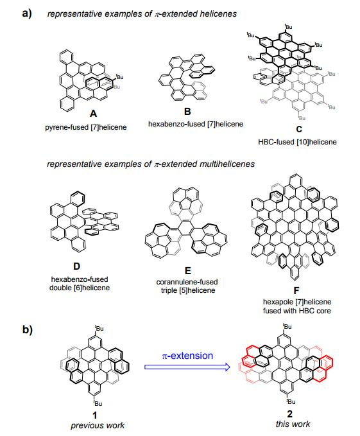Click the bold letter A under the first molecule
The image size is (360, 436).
(93, 114)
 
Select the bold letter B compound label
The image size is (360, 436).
(187, 112)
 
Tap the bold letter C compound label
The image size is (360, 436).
(299, 129)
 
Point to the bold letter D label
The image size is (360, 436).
(76, 266)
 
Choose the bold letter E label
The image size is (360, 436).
(188, 270)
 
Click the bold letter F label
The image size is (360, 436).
(296, 291)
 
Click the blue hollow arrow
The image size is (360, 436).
(187, 367)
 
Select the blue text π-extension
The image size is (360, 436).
(187, 356)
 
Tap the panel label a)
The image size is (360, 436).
(27, 13)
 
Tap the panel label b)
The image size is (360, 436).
(28, 330)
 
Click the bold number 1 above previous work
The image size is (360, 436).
(95, 415)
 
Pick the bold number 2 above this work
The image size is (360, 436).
(289, 414)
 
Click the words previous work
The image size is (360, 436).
(98, 426)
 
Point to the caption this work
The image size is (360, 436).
(293, 424)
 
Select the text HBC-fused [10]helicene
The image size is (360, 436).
(297, 142)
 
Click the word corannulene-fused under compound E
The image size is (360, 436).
(187, 282)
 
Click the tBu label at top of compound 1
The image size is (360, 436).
(99, 328)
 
